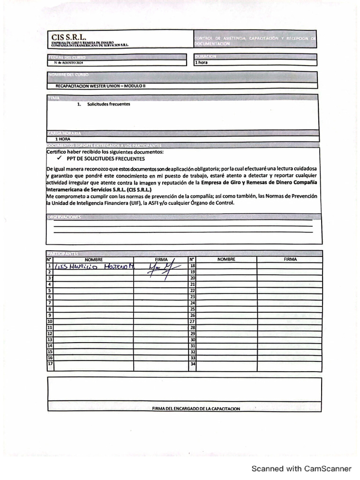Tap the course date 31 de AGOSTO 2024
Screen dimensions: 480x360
pos(68,62)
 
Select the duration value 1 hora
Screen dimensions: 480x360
pos(202,62)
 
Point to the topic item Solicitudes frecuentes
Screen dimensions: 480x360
pos(108,104)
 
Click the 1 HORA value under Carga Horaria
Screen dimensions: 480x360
pos(63,139)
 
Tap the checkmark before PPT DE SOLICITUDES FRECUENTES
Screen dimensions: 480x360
pos(59,158)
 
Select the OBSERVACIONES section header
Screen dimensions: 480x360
pos(64,217)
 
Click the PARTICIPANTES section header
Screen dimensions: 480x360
pos(63,253)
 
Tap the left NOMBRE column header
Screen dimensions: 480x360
pos(93,259)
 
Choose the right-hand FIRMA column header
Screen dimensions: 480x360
pos(290,259)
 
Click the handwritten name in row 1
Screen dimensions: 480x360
pos(94,266)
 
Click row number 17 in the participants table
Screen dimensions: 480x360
pos(49,364)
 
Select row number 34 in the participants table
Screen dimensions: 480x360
pos(192,364)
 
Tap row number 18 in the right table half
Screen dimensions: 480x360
pos(192,266)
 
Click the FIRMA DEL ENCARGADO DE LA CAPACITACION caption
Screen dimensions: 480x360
pos(196,409)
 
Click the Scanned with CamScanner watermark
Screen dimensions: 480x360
pos(301,468)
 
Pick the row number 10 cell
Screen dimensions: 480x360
pos(49,321)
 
